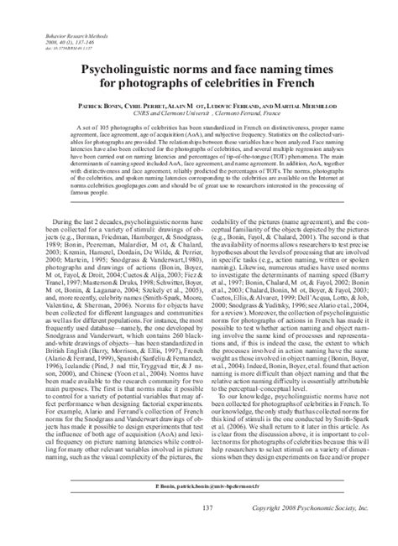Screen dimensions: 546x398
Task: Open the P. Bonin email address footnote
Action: tap(199, 509)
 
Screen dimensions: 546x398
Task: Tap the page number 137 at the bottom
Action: tap(198, 533)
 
